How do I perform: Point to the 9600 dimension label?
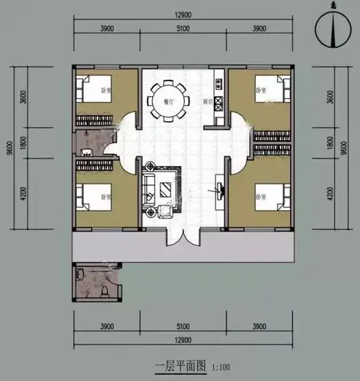pyautogui.click(x=8, y=149)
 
